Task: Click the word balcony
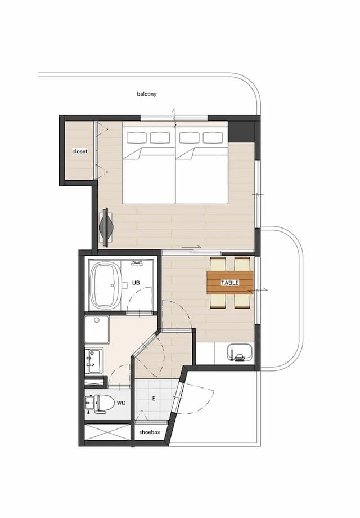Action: (x=147, y=94)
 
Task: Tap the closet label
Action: (x=80, y=151)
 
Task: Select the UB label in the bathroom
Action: (x=136, y=283)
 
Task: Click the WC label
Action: (x=121, y=403)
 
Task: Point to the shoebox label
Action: (x=150, y=432)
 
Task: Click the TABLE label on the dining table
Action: (x=229, y=283)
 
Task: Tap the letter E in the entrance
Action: (x=154, y=399)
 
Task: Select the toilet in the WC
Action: (x=100, y=403)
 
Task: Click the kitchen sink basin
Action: (x=240, y=353)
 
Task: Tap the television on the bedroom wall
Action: (x=106, y=227)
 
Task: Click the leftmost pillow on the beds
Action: (x=136, y=137)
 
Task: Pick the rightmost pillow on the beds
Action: (x=213, y=137)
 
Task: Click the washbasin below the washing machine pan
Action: (x=94, y=361)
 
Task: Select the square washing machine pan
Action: (x=97, y=330)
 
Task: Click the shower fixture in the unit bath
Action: (x=136, y=262)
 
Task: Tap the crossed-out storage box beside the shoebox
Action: (x=108, y=432)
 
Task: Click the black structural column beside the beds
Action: (x=241, y=132)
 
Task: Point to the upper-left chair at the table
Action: (x=218, y=264)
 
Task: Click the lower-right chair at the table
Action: (x=242, y=301)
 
